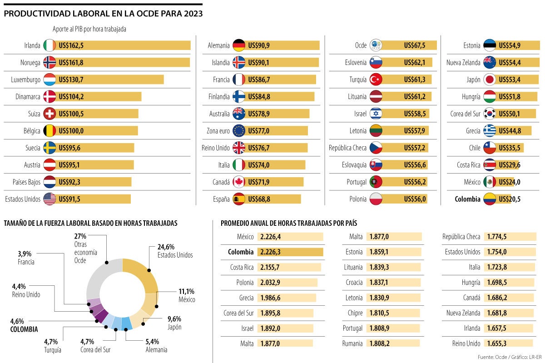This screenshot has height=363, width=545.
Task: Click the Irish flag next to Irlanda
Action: click(x=50, y=45)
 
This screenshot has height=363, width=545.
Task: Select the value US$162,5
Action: click(x=71, y=45)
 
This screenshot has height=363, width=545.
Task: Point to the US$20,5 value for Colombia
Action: click(x=510, y=199)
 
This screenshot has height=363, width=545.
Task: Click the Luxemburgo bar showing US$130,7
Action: click(x=109, y=80)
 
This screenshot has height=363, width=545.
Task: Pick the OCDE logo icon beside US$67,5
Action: click(x=376, y=45)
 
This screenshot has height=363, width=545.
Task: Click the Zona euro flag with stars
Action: click(x=238, y=131)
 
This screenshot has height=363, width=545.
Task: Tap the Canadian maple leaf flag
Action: click(x=238, y=182)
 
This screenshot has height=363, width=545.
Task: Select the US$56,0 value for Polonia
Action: click(x=415, y=199)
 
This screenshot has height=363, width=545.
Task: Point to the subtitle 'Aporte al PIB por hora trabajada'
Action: click(x=89, y=29)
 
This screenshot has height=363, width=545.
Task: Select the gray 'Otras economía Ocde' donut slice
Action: click(x=99, y=277)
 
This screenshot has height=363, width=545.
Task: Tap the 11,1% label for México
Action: click(x=186, y=291)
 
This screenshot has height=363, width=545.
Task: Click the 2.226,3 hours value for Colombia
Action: click(x=270, y=252)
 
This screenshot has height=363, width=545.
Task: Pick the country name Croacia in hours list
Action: click(x=354, y=283)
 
